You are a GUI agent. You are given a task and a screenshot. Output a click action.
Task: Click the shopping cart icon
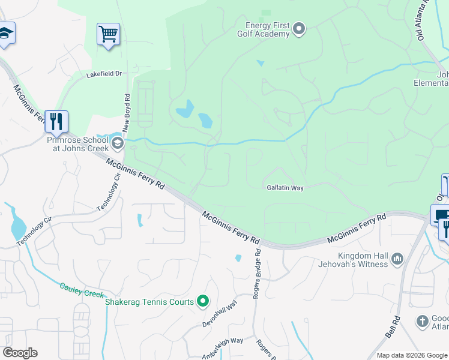[108, 34]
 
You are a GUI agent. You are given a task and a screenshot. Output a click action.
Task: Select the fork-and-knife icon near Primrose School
[56, 122]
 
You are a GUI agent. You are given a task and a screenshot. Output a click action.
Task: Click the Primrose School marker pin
[118, 143]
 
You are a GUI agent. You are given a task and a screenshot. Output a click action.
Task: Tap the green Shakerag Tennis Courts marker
[203, 301]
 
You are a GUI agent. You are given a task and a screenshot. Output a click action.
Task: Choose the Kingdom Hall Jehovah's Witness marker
[397, 259]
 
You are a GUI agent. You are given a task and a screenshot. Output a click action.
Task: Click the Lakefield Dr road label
[104, 74]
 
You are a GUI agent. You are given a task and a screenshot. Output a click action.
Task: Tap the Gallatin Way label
[285, 188]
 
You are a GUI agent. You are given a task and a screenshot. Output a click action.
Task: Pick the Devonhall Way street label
[220, 314]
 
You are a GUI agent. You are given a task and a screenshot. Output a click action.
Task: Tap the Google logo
[20, 353]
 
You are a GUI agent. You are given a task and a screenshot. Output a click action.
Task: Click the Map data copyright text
[411, 355]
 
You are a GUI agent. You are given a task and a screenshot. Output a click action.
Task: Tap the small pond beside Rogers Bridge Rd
[238, 259]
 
